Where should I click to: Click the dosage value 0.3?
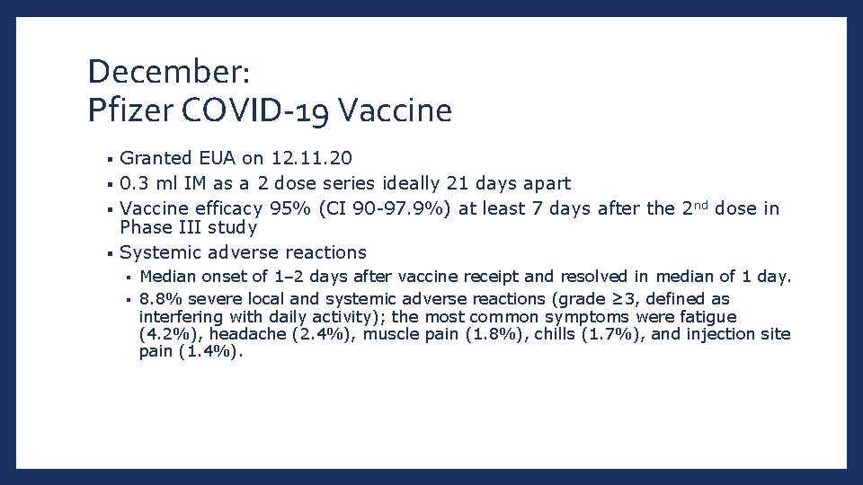(x=135, y=184)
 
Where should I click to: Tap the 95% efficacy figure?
(x=284, y=209)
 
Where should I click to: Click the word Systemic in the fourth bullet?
(x=156, y=252)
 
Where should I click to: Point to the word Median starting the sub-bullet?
(x=167, y=277)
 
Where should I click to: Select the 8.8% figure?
(x=159, y=299)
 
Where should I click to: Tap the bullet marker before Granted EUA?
(x=109, y=160)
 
